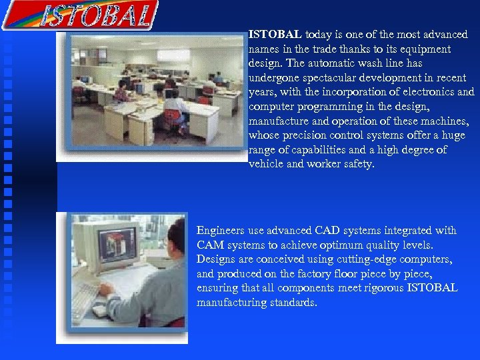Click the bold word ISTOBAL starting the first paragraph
(x=275, y=34)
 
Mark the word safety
(x=359, y=165)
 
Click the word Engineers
(x=221, y=231)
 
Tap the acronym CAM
(x=210, y=245)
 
